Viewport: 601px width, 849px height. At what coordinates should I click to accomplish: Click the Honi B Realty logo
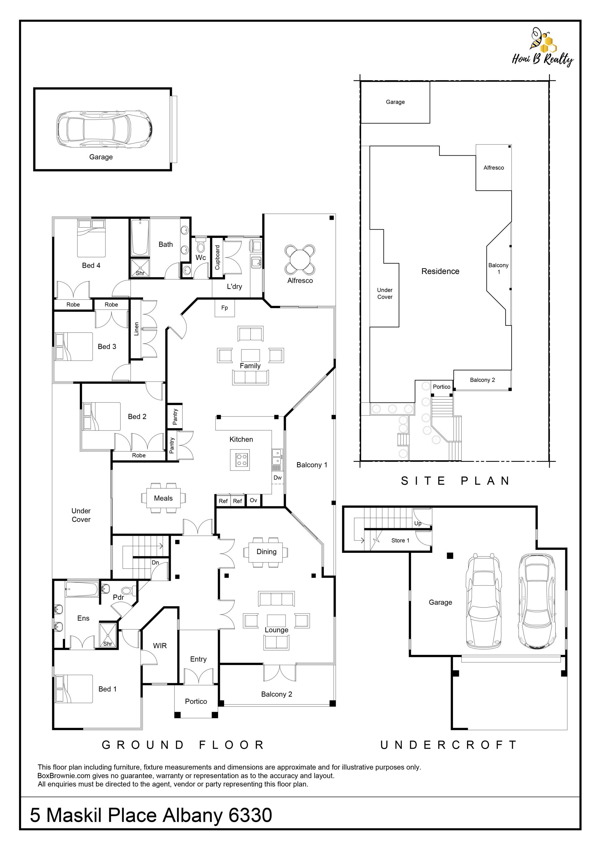pos(543,47)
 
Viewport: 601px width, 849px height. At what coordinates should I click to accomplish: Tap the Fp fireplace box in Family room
pos(225,308)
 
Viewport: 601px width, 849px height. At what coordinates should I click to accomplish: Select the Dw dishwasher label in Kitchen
pos(278,478)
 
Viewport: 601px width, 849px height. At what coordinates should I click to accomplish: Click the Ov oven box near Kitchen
pos(254,500)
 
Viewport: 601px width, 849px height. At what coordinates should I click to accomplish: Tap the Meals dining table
pos(163,498)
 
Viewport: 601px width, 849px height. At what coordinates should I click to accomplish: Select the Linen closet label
pos(136,329)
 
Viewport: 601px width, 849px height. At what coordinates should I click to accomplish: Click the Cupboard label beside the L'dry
pos(217,257)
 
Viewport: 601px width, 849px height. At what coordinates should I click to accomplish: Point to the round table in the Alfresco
pos(300,260)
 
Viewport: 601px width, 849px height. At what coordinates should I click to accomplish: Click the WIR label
pos(160,646)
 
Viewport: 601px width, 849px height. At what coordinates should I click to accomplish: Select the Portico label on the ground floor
pos(196,701)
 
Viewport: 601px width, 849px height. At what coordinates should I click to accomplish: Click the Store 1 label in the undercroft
pos(400,540)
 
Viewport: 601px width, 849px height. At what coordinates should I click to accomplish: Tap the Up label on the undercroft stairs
pos(418,523)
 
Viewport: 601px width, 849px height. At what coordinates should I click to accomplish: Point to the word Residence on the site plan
pos(440,271)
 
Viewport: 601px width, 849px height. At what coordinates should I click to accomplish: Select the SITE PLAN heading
pos(455,481)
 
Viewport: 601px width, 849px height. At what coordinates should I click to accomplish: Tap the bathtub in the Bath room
pos(140,237)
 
